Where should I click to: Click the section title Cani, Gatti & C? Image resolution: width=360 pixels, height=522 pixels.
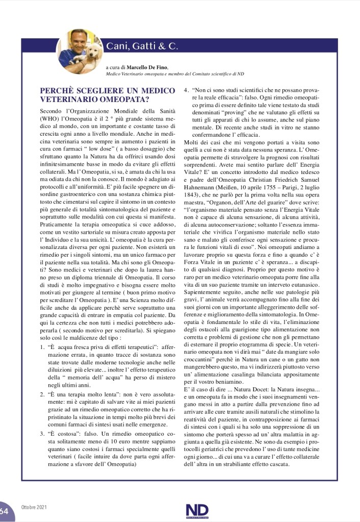point(142,46)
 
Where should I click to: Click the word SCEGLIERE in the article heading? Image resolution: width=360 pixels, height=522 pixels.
point(98,90)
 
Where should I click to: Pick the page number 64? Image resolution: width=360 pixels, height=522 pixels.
point(4,510)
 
